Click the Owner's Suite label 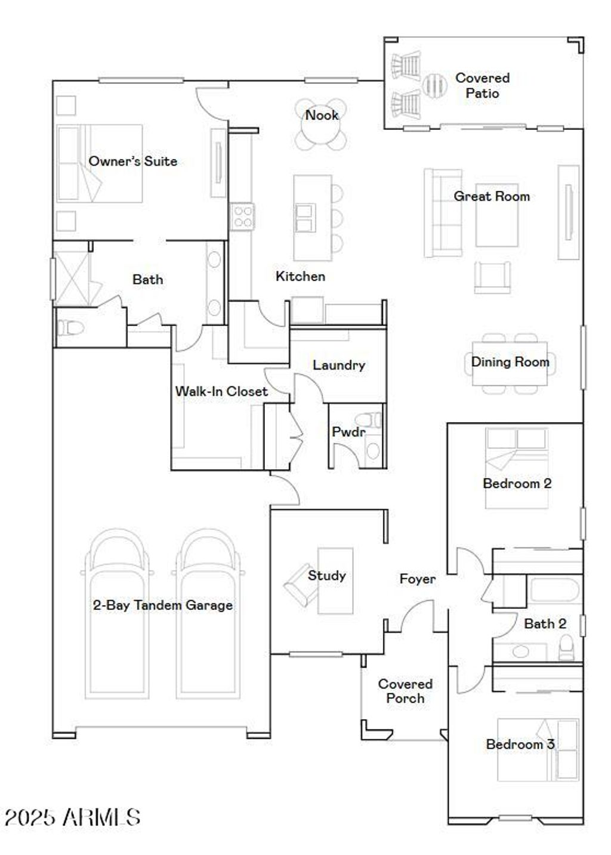coord(132,161)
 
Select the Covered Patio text coord(482,85)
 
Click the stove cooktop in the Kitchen coord(242,216)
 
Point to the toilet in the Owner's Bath coord(69,327)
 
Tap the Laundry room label coord(338,365)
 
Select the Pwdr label coord(348,432)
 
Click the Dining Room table coord(510,363)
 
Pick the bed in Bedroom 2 coord(516,468)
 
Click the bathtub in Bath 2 coord(554,590)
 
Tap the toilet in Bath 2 coord(566,648)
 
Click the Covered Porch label coord(405,691)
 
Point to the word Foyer coord(417,579)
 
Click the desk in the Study coord(335,581)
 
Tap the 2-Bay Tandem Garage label coord(162,605)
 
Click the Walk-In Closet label coord(221,391)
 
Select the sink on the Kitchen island coord(304,218)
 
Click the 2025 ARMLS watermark coord(72,817)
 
